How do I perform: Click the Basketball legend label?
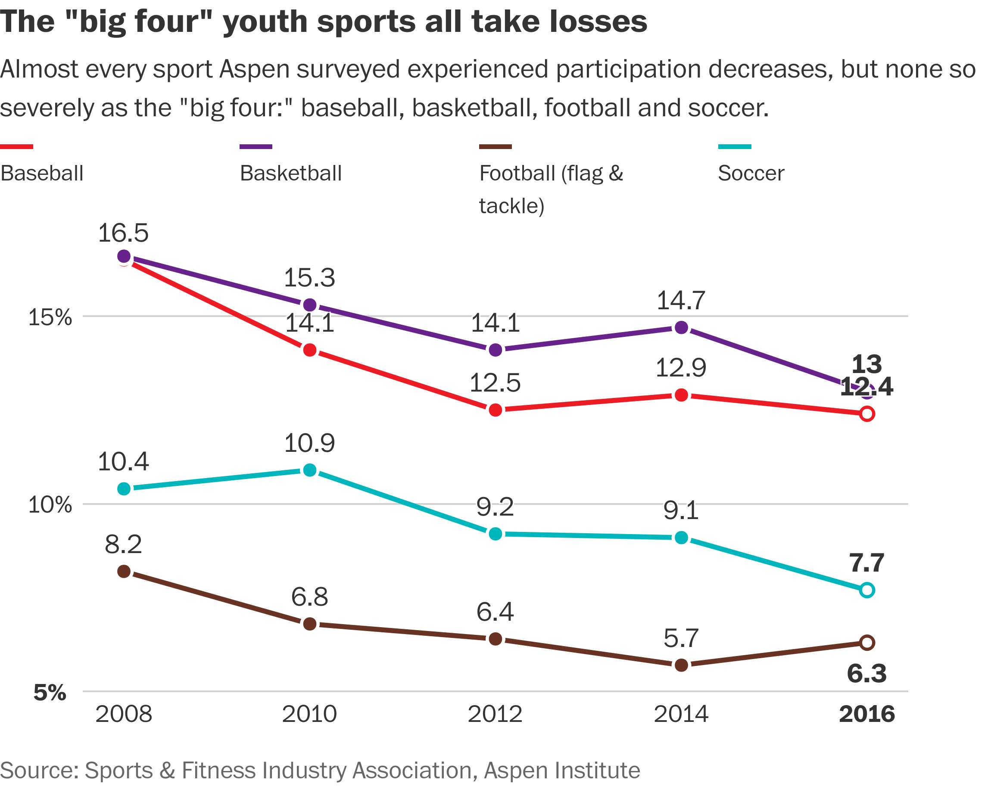(290, 173)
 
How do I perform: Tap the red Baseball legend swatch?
(16, 146)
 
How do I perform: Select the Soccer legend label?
(751, 173)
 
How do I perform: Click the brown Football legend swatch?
(495, 146)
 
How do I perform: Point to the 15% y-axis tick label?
(50, 317)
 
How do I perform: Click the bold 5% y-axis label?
(50, 693)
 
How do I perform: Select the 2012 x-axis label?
(495, 714)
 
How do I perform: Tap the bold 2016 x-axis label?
(866, 714)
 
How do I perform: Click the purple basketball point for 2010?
(310, 305)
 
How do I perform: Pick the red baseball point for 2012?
(495, 410)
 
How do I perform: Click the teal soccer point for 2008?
(124, 488)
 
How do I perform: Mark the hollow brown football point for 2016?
(866, 643)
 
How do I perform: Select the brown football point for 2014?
(681, 665)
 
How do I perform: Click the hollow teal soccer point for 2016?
(866, 590)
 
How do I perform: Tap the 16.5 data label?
(123, 233)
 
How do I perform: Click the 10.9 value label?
(309, 444)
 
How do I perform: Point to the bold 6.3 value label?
(866, 674)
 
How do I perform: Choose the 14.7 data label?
(681, 301)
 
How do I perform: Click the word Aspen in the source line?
(509, 770)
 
